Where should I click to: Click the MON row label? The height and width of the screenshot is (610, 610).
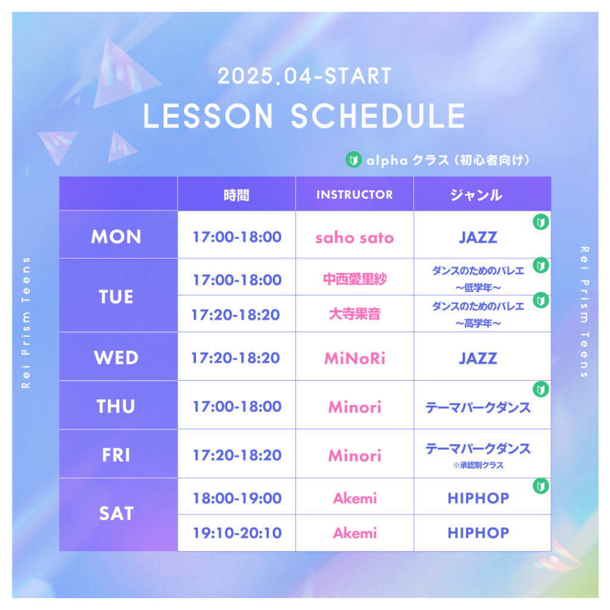point(116,236)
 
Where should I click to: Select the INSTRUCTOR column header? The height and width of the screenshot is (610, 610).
point(354,195)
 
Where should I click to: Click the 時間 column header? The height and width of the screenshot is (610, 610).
point(236,195)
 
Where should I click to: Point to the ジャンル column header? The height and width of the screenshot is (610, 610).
point(476,195)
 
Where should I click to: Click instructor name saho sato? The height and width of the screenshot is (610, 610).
point(354,237)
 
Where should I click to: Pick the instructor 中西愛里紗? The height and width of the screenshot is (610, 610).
point(354,279)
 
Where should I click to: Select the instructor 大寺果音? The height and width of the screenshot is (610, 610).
point(354,314)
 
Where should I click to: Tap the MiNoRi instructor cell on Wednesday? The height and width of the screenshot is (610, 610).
point(354,358)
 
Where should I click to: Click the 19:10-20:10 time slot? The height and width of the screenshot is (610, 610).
point(237,533)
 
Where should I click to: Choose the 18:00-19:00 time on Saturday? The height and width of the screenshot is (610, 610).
point(237,498)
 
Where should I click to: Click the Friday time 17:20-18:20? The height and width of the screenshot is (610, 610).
point(237,455)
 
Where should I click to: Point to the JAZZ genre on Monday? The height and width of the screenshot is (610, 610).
point(478,237)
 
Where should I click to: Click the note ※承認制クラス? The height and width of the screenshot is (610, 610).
point(478,465)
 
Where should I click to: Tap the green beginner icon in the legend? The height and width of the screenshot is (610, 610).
point(354,160)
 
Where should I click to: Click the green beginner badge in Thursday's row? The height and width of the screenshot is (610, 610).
point(541,389)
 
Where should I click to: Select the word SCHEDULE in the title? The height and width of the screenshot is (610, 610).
point(378,116)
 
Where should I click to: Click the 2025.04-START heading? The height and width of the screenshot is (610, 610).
point(304,76)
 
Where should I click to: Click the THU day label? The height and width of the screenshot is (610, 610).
point(116,406)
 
